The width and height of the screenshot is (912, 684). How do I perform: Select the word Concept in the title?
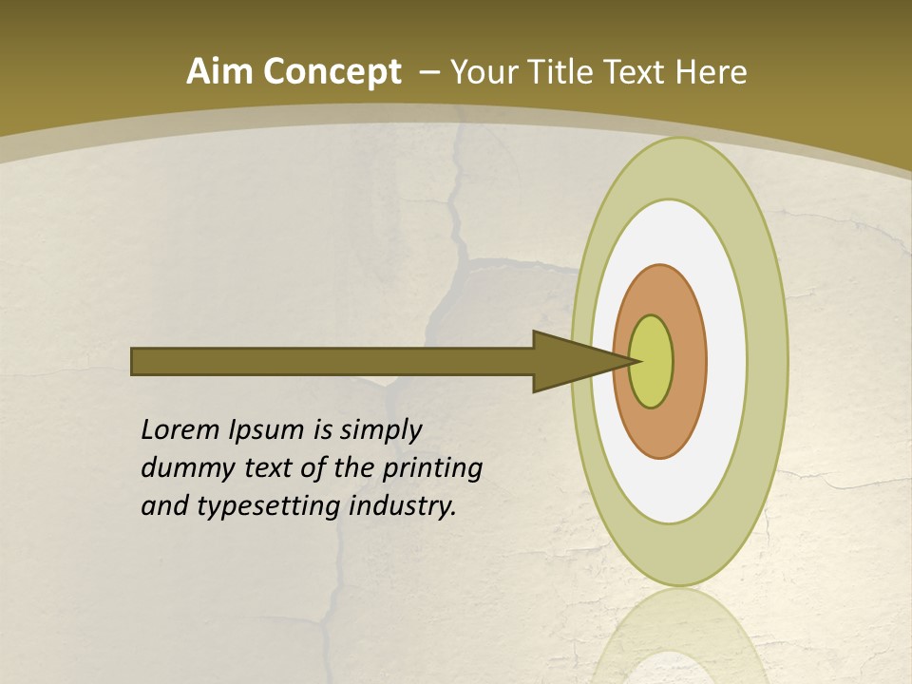tap(332, 72)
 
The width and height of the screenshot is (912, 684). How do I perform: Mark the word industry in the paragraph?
tap(402, 506)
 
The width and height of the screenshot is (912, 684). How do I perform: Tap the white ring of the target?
tap(726, 361)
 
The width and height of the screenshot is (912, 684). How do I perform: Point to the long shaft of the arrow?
tap(332, 361)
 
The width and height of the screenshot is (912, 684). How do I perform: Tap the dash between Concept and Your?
tap(428, 72)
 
